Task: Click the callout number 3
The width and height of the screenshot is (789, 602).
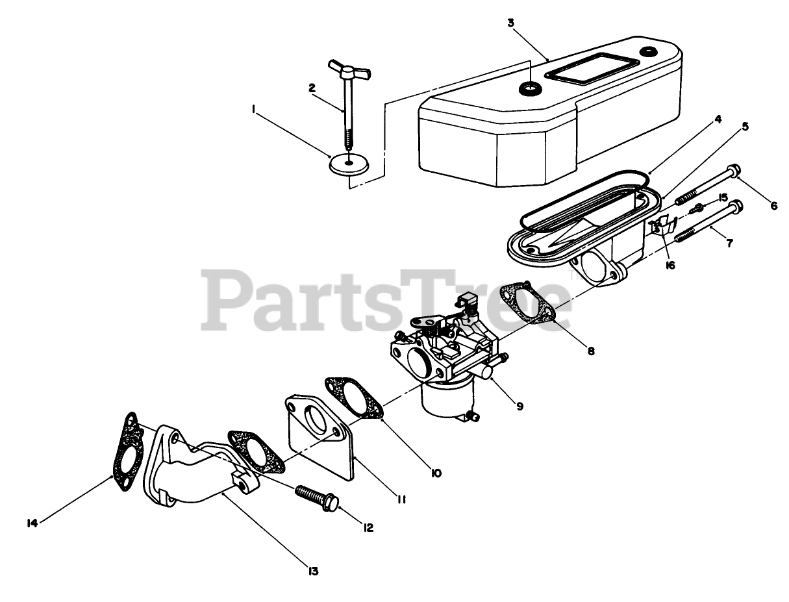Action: pos(510,23)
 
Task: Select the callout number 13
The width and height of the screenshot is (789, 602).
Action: pos(313,571)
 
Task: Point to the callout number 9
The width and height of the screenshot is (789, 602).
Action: pos(520,407)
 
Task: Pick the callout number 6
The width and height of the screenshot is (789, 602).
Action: pos(773,206)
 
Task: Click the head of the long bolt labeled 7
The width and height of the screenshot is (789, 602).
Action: pos(736,208)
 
